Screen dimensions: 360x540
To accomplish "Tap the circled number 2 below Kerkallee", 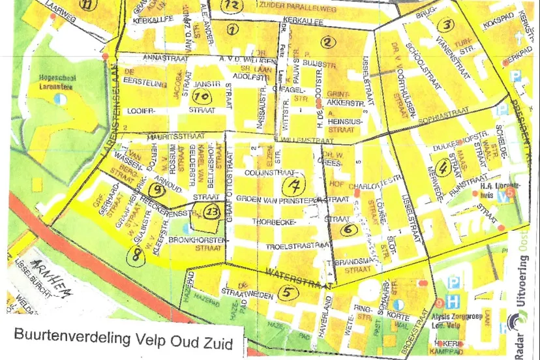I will (327, 43).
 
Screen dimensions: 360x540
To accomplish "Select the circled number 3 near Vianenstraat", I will (445, 25).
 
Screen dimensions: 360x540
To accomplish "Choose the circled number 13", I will (212, 211).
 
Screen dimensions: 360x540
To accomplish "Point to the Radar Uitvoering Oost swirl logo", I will (519, 326).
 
